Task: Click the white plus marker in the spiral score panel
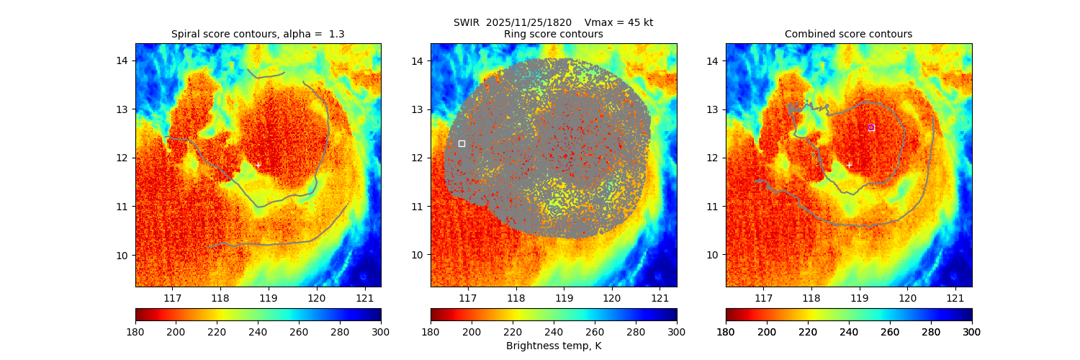point(258,165)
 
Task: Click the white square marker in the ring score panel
point(462,143)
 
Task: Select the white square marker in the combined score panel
point(870,127)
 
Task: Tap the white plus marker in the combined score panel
point(848,165)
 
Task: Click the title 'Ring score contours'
point(554,34)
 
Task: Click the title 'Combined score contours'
point(848,34)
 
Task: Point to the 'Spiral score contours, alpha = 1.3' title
point(258,34)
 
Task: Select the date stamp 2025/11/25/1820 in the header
point(528,22)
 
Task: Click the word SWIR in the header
point(467,22)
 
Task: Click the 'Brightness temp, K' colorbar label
point(554,346)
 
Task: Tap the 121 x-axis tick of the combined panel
point(955,298)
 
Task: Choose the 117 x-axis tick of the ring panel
point(468,298)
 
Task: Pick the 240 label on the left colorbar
point(258,332)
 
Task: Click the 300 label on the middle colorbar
point(676,332)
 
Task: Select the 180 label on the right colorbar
point(726,332)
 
